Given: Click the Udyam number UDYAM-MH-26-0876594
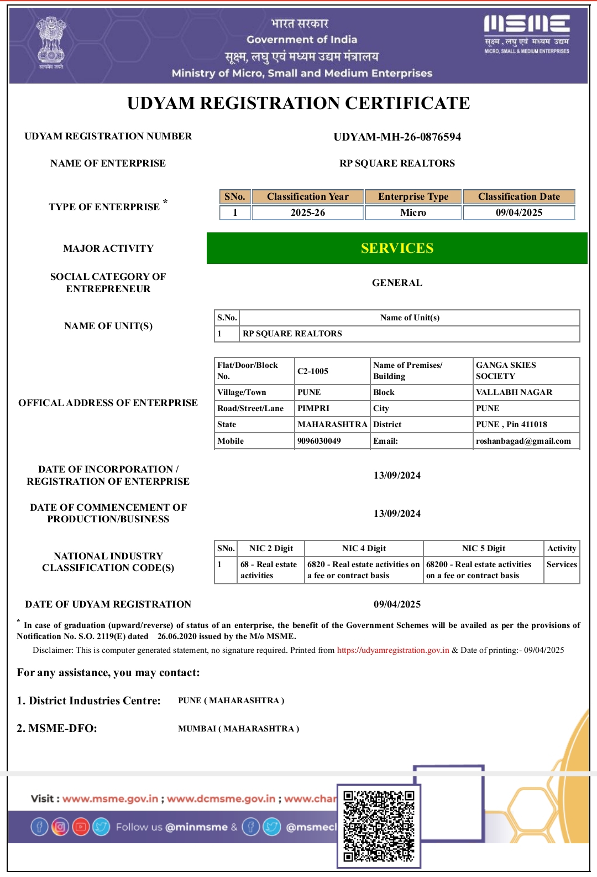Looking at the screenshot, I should coord(397,137).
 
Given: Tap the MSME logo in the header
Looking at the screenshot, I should coord(526,34).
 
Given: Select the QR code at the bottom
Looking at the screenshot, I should coord(379,826).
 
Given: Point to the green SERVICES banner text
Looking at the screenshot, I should coord(397,248).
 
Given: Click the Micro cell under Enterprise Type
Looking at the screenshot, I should coord(413,212).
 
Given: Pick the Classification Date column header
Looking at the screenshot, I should coord(519,196).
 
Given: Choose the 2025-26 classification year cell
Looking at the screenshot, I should coord(308,212).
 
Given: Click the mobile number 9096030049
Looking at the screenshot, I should coord(319,441).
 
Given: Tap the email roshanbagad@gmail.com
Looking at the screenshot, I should coord(523,441).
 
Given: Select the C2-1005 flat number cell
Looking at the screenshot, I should coord(313,371).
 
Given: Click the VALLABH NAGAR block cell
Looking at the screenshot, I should coord(514,392).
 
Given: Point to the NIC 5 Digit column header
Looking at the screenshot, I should coord(484,548).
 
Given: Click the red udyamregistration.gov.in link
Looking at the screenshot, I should coord(393,650).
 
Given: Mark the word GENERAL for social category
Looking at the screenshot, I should coord(397,283).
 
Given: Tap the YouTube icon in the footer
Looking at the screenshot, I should coord(81,827).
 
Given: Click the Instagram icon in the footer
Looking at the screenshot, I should coord(60,827).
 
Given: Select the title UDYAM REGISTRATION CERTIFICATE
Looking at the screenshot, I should coord(298,103).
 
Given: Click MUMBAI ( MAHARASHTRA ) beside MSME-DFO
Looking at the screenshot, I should coord(238,729).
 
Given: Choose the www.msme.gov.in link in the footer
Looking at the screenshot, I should coord(110,798).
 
